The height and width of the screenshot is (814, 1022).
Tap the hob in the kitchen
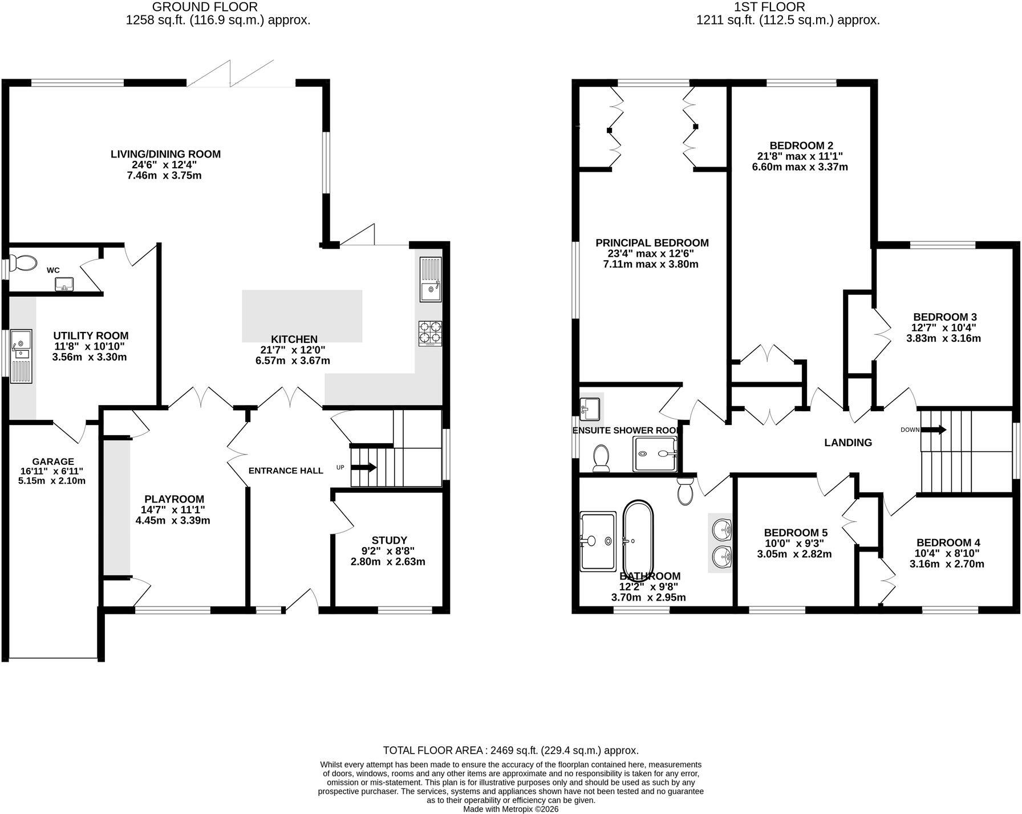click(431, 334)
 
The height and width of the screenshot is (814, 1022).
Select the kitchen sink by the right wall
click(431, 280)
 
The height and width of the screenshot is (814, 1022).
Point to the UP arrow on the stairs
click(363, 467)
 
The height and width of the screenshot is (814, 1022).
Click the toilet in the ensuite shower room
click(601, 458)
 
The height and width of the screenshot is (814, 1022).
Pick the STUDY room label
click(389, 540)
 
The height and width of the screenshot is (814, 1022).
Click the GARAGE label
click(53, 461)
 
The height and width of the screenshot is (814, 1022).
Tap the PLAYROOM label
click(174, 499)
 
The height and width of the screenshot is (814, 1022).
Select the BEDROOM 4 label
click(948, 542)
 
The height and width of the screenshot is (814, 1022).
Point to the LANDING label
click(849, 443)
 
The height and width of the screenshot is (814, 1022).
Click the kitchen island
click(302, 316)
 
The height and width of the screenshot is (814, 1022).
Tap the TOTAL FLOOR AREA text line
click(510, 750)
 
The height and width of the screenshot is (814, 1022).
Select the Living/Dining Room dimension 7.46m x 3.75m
click(164, 176)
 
